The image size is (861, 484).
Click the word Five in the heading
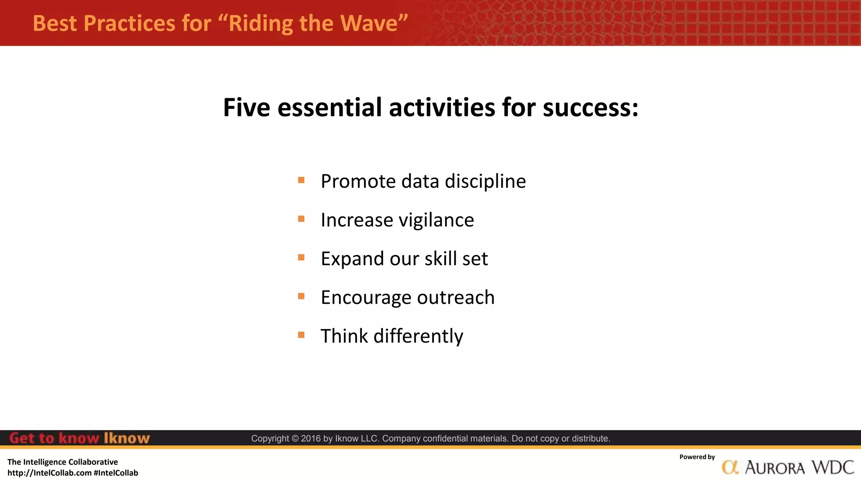coord(246,108)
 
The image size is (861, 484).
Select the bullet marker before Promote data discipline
coord(301,180)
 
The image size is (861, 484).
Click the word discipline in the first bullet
coord(485,181)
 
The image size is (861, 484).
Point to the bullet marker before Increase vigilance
coord(301,219)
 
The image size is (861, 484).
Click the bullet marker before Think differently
coord(301,335)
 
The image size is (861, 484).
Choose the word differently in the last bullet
coord(418,336)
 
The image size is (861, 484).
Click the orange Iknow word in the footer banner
coord(127,438)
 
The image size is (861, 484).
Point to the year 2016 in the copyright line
coord(311,439)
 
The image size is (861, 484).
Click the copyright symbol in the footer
coord(295,439)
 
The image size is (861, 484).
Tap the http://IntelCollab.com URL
coord(50,473)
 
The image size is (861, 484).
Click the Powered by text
coord(697,457)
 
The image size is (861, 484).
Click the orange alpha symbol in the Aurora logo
coord(730,467)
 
